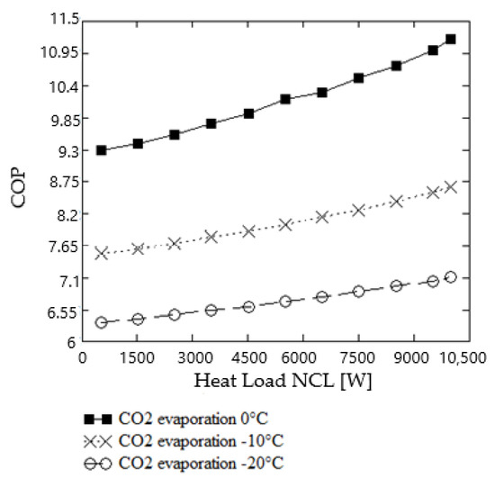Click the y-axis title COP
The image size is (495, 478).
[20, 183]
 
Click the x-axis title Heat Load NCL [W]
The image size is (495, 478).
[282, 380]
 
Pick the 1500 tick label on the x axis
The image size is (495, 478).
[138, 356]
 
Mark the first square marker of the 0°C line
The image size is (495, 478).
[102, 150]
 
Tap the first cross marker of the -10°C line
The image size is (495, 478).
[102, 254]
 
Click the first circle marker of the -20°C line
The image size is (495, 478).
[102, 322]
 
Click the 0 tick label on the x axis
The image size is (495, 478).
[82, 356]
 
